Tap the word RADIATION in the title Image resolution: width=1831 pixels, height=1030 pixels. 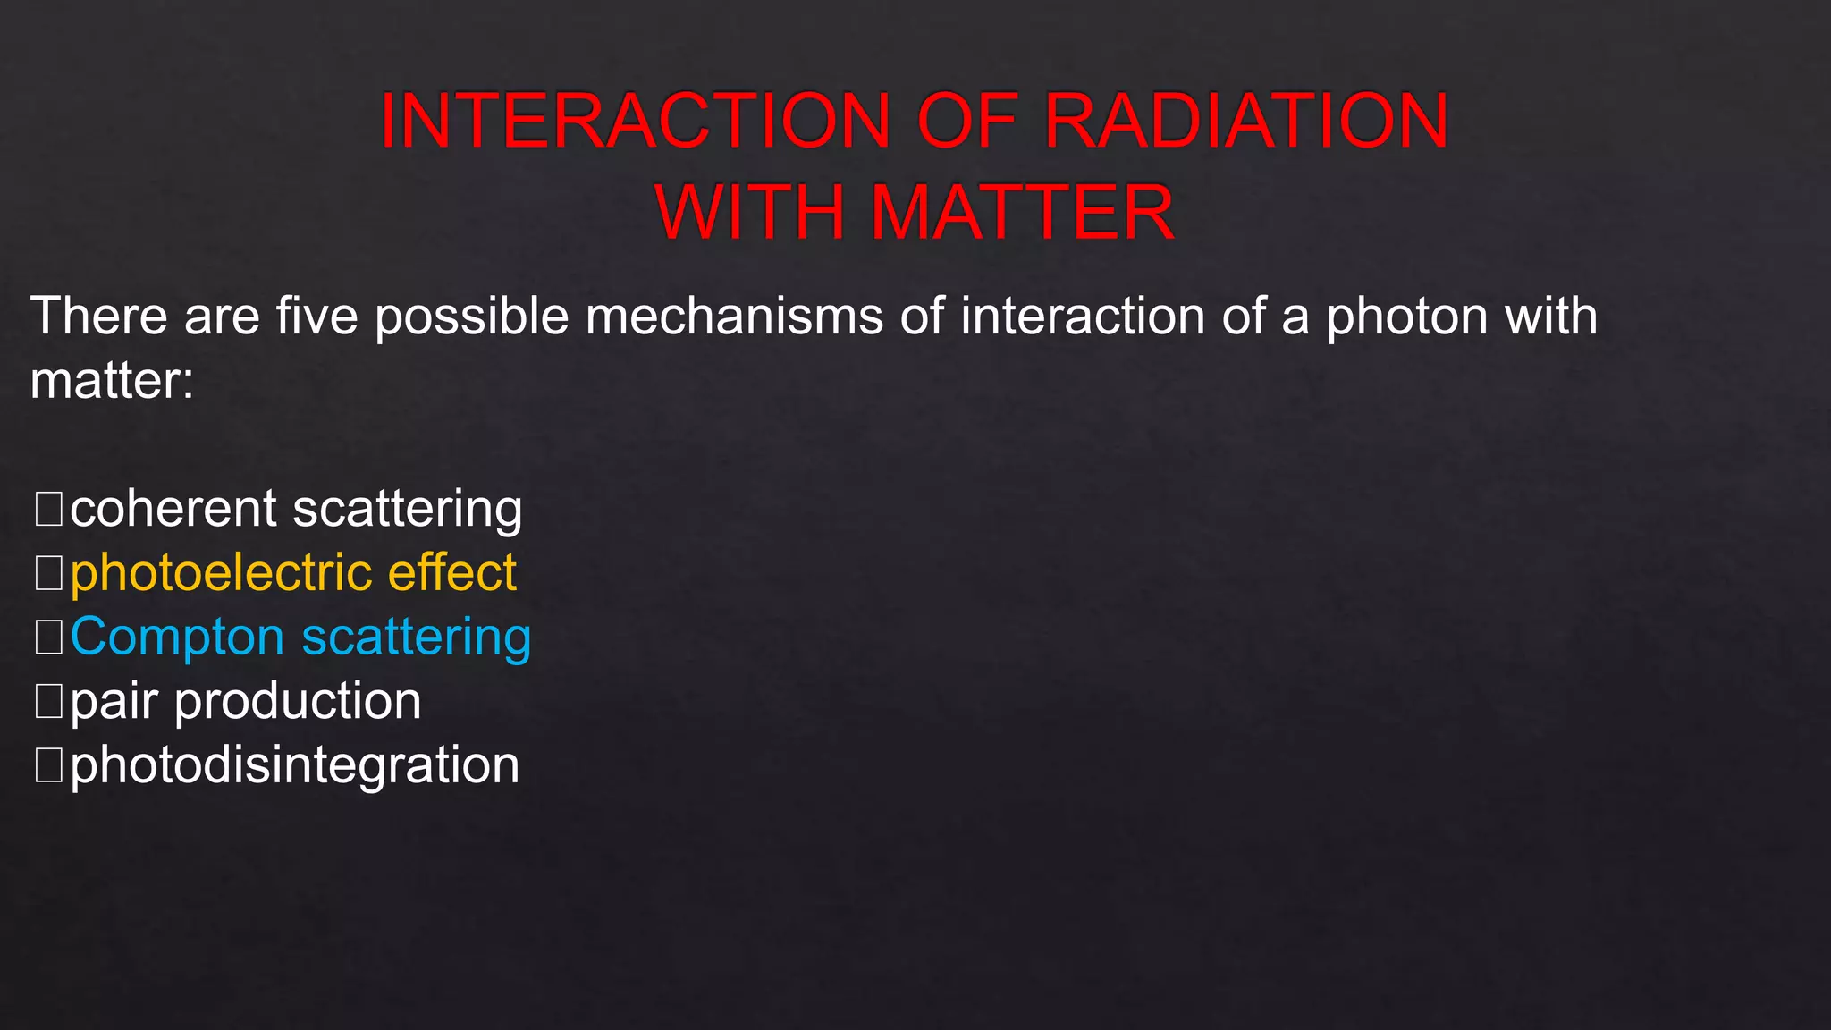point(1245,121)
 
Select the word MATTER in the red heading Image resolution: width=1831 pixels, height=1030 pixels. point(1021,213)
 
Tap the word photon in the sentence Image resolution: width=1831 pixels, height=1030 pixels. point(1406,317)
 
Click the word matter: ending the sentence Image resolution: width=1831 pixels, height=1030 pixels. point(112,381)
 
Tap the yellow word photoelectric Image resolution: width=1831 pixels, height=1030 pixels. point(221,573)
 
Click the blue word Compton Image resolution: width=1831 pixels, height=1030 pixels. point(177,637)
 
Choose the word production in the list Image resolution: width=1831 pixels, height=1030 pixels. point(298,701)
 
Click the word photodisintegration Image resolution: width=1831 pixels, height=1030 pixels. point(294,766)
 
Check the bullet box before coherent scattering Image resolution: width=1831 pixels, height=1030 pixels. point(48,509)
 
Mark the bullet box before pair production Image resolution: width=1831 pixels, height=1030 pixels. point(48,701)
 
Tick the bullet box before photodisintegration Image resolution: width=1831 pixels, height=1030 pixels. point(48,765)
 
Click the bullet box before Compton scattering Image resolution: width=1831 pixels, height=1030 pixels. point(48,637)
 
